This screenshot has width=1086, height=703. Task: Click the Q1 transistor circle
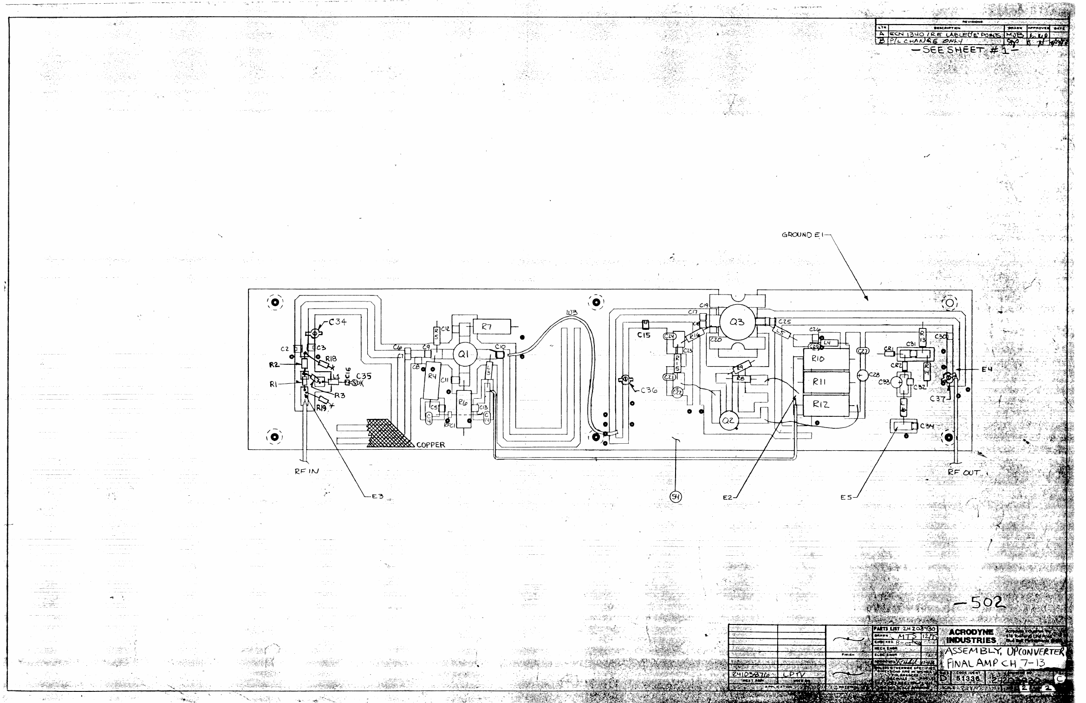[463, 355]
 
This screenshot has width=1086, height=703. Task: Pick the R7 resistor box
[491, 327]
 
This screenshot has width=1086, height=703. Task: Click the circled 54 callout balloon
[676, 497]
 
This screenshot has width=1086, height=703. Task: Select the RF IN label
[307, 471]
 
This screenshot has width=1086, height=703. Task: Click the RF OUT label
[964, 473]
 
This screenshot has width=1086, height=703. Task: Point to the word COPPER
[430, 445]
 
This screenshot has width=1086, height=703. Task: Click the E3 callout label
[377, 497]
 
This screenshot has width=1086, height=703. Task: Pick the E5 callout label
[846, 497]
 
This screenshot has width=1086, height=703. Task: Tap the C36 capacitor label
[649, 390]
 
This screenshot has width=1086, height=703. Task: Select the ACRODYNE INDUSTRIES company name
[971, 636]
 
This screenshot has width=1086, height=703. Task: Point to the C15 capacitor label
[644, 335]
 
